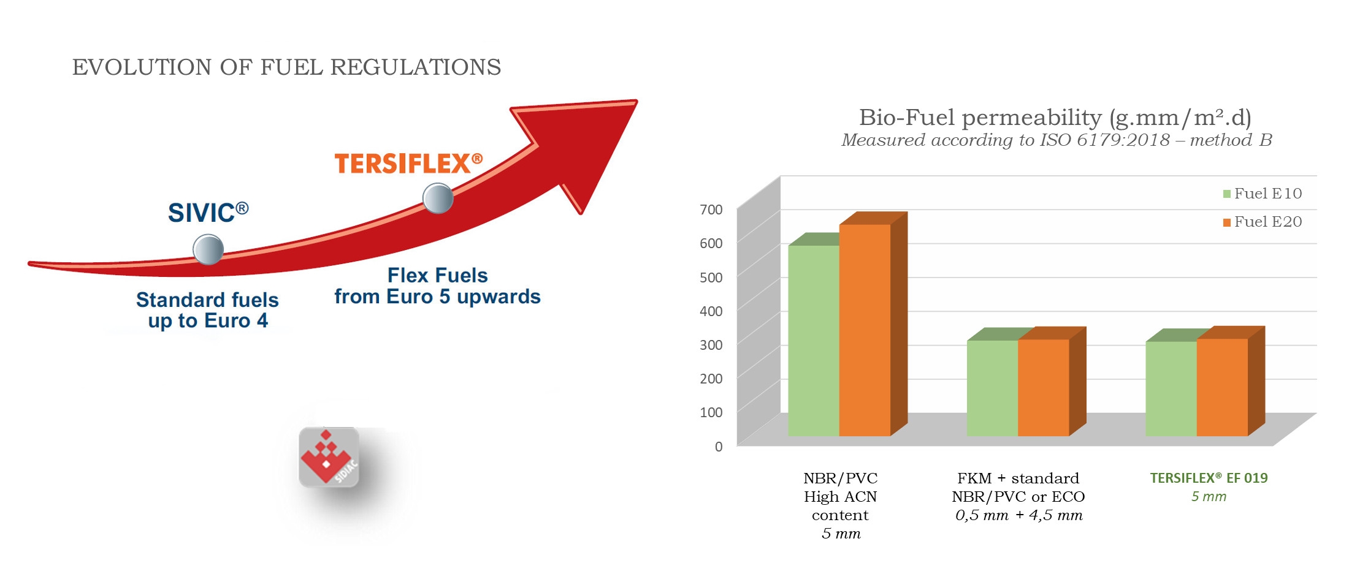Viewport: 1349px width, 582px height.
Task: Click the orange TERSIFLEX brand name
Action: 408,164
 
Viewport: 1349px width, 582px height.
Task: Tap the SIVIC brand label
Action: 208,213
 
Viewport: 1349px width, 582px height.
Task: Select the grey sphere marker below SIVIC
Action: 208,249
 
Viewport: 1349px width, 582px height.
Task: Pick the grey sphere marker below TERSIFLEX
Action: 438,198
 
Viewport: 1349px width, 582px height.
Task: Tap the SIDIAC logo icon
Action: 329,457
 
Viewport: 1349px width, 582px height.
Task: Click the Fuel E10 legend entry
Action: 1262,194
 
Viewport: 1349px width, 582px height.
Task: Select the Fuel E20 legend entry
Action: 1262,222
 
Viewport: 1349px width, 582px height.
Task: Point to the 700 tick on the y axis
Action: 711,210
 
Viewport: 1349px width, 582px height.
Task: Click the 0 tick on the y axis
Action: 719,447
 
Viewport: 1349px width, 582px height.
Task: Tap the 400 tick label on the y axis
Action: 711,311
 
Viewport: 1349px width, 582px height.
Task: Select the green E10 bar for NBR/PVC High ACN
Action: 814,341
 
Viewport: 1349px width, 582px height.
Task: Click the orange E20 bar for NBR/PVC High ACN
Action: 865,330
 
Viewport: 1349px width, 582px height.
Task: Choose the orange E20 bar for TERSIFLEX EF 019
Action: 1222,387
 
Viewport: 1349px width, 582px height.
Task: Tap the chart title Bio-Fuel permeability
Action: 1055,117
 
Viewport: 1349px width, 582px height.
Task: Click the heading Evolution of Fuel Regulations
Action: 286,67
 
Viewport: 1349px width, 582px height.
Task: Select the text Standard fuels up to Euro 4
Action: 207,310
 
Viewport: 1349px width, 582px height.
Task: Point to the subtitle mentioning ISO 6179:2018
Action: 1057,140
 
